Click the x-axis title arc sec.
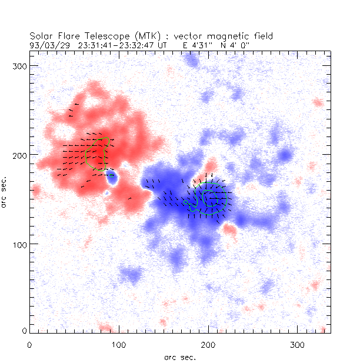179,357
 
